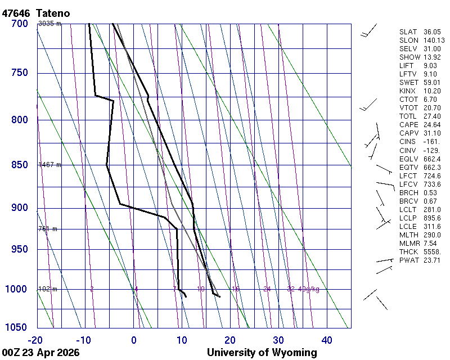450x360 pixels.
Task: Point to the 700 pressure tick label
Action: [x=19, y=24]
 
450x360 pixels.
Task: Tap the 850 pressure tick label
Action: [x=19, y=165]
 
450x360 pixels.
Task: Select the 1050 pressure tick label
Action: [x=17, y=327]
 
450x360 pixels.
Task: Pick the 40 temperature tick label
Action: [x=327, y=340]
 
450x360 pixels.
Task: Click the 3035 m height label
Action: [x=49, y=24]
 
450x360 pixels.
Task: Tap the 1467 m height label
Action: [x=49, y=165]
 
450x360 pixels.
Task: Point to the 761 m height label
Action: [x=48, y=229]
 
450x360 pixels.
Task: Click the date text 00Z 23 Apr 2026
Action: [x=40, y=353]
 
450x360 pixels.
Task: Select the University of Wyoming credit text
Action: [x=262, y=353]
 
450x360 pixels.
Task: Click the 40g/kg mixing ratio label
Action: [x=309, y=289]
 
